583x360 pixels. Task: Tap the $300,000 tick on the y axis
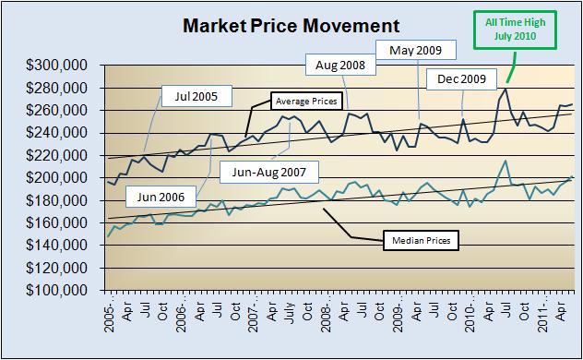point(57,66)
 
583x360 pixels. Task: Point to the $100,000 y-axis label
point(57,289)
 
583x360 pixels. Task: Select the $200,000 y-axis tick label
point(57,177)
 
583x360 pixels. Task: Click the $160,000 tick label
point(57,222)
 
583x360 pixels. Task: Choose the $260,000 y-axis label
point(57,110)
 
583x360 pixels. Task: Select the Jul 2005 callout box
point(196,95)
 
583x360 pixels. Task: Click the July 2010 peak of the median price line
point(506,161)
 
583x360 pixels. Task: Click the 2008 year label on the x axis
point(325,316)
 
